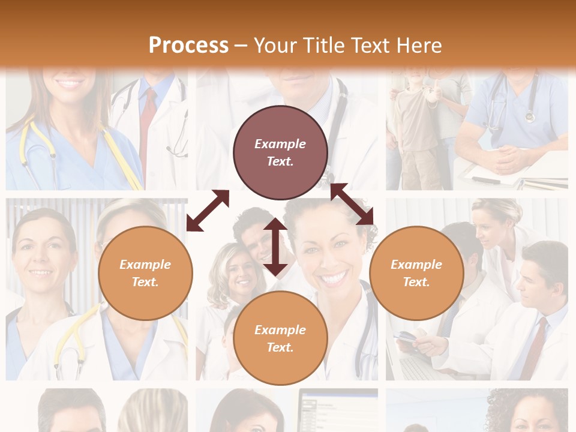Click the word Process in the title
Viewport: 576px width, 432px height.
(188, 46)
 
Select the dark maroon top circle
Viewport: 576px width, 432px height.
(280, 152)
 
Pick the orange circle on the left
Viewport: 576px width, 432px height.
(145, 273)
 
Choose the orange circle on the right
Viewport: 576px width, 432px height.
(416, 273)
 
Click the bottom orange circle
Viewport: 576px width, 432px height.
(280, 338)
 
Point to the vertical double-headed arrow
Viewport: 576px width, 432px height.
(275, 247)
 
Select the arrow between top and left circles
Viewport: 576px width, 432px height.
(208, 211)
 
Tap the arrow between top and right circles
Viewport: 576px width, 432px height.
(352, 204)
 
